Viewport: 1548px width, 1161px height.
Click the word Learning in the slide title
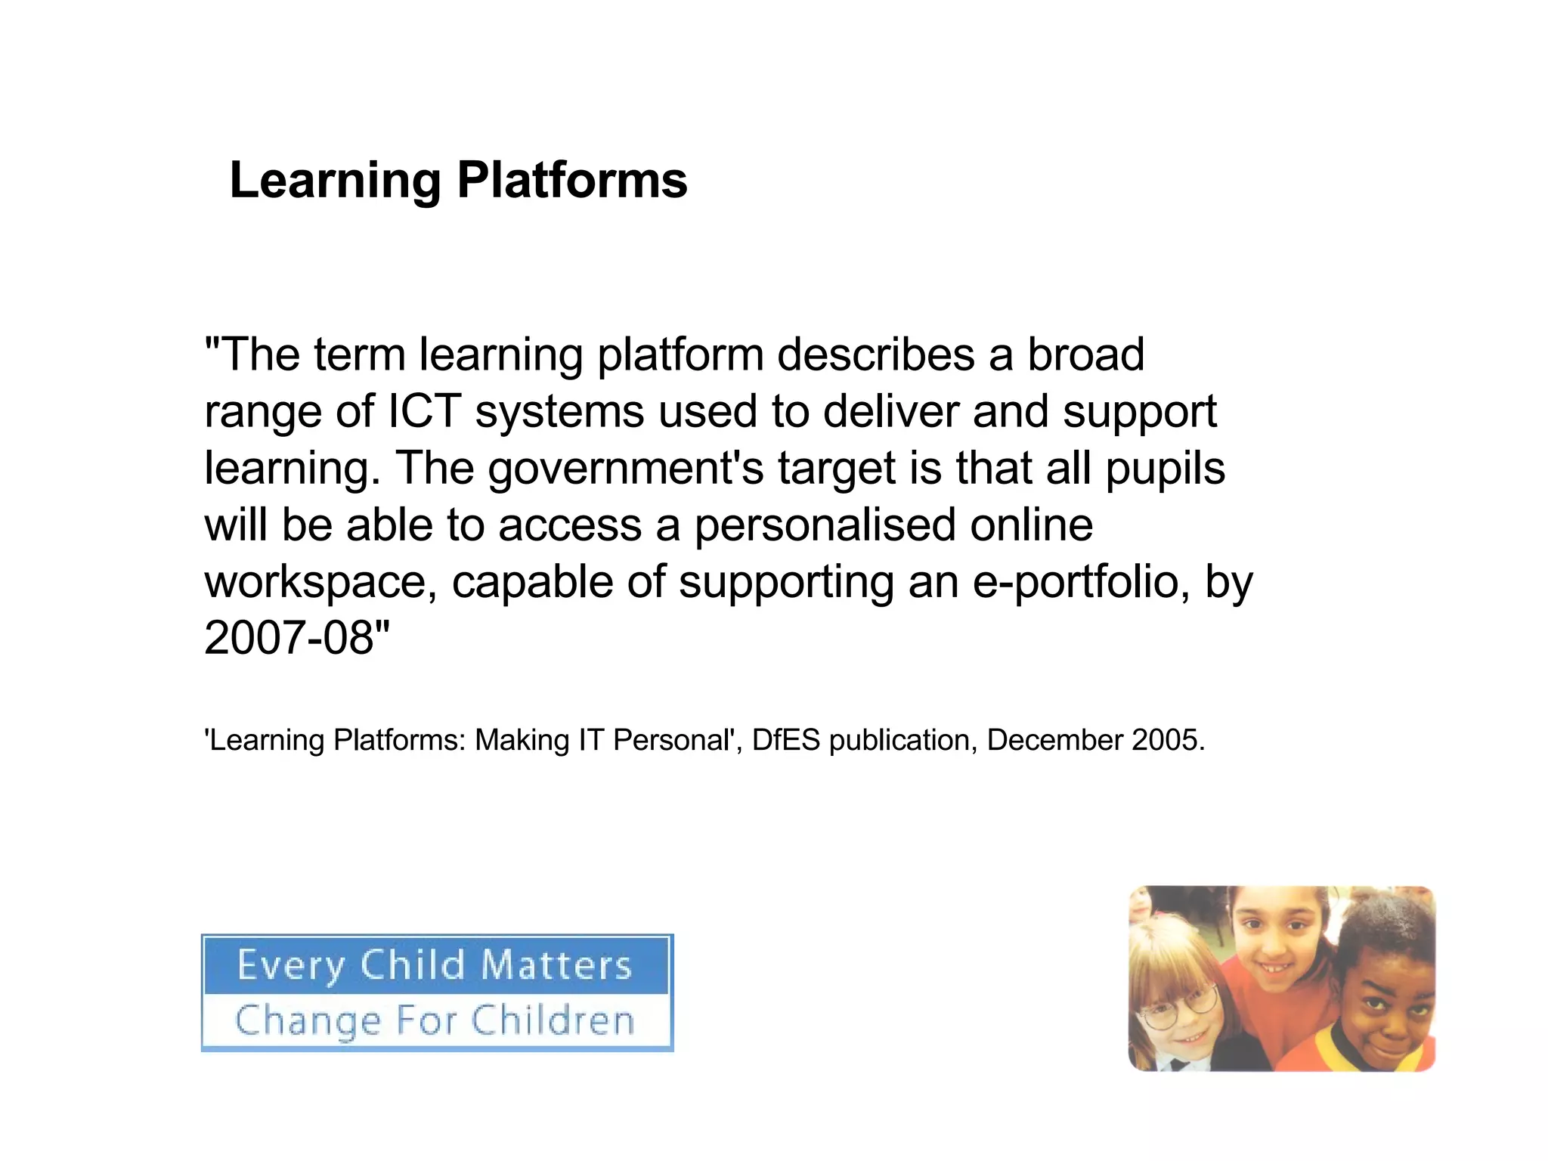pyautogui.click(x=335, y=181)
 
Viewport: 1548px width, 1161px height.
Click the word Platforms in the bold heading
pyautogui.click(x=572, y=181)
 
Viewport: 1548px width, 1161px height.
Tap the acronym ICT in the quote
pyautogui.click(x=424, y=412)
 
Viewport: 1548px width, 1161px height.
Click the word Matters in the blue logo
pyautogui.click(x=556, y=965)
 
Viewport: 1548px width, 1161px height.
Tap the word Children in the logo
pyautogui.click(x=553, y=1020)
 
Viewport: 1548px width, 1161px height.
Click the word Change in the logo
pyautogui.click(x=308, y=1022)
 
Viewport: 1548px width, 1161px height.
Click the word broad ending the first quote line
pyautogui.click(x=1085, y=355)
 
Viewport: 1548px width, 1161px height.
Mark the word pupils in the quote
pyautogui.click(x=1165, y=469)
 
